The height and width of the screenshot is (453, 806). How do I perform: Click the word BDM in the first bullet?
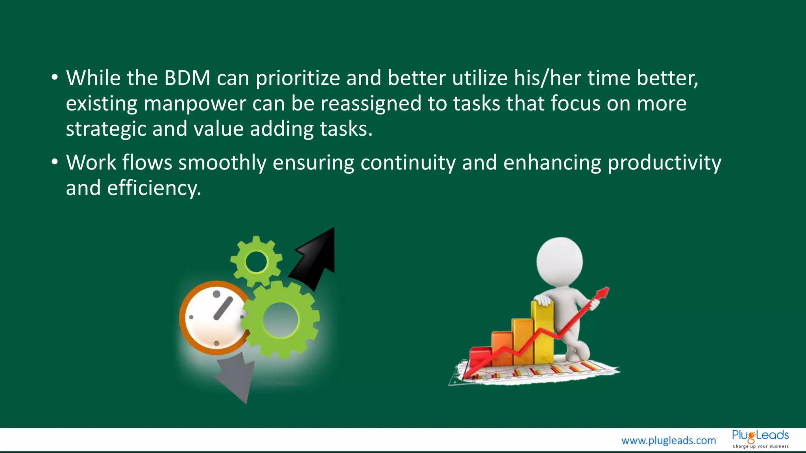point(187,78)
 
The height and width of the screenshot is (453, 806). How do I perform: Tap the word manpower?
point(194,104)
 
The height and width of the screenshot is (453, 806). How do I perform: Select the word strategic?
point(105,129)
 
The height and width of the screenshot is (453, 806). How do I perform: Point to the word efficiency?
point(154,188)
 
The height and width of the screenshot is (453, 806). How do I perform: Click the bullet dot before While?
point(55,77)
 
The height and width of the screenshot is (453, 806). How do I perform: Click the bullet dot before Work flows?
point(55,161)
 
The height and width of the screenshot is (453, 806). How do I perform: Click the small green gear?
point(256,261)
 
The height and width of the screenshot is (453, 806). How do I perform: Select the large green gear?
point(281,319)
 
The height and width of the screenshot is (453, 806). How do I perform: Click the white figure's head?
point(559,261)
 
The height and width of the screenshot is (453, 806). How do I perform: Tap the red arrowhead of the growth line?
point(603,293)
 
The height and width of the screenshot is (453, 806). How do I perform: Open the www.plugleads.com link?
point(668,440)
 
